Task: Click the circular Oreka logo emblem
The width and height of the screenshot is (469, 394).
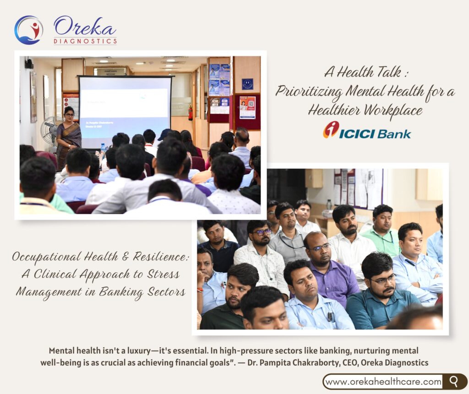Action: point(29,30)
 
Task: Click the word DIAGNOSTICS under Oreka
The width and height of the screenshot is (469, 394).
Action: point(85,41)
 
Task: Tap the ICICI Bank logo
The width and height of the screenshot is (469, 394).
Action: point(367,130)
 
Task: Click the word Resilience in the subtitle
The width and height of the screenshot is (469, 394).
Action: point(161,256)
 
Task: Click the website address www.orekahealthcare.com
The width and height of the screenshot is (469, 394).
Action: point(383,382)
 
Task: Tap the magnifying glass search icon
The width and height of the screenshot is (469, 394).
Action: point(454,382)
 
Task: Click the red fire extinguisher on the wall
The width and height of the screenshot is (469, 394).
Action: point(190,112)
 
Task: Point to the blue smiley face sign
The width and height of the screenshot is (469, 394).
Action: point(247,84)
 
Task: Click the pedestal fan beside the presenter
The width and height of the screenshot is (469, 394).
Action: point(49,132)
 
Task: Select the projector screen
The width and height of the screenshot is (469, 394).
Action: point(125,112)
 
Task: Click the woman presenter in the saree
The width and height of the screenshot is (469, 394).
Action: point(69,136)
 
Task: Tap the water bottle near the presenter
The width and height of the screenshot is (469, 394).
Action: point(103,151)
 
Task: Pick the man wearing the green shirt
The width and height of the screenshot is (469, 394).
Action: point(381,230)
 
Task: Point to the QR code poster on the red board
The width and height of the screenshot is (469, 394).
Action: point(247,107)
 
